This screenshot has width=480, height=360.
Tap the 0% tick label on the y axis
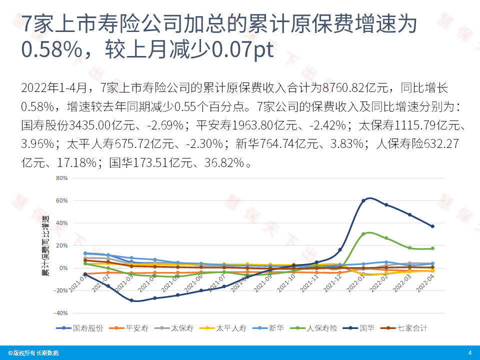click(63, 268)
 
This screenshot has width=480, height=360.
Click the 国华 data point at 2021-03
click(131, 300)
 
